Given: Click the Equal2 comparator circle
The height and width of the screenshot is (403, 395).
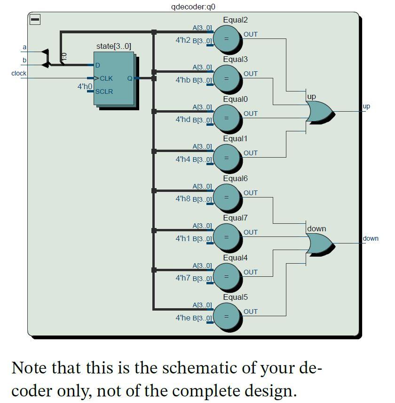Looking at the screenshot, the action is tap(227, 38).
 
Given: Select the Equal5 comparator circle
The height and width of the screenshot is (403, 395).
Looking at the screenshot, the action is tap(227, 316).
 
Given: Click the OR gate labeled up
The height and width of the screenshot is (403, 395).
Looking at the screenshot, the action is tap(319, 111).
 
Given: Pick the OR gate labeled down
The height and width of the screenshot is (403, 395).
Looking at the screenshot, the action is tap(319, 243).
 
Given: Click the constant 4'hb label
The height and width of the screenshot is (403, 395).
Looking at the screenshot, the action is tap(182, 80).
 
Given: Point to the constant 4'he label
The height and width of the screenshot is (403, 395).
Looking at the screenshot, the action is tap(182, 318).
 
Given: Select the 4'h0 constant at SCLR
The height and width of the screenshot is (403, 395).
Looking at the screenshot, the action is tap(85, 86).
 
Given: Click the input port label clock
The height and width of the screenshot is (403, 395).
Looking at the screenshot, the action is tap(19, 73).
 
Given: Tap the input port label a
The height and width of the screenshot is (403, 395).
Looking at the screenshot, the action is tap(24, 47).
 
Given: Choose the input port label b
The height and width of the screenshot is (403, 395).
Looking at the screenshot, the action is tap(24, 60).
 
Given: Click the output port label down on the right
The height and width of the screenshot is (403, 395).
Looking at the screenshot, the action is tap(371, 238).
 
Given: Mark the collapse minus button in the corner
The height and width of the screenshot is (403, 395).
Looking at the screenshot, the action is tap(35, 19).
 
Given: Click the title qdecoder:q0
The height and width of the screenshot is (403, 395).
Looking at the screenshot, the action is tap(193, 7).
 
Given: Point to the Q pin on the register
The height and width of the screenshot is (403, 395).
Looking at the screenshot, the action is tap(130, 78).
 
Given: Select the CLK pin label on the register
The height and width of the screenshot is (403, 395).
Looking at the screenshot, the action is tap(106, 78).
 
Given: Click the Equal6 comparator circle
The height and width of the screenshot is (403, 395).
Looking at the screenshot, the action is tap(227, 197).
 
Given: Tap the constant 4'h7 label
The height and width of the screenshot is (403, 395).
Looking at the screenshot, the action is tap(182, 278).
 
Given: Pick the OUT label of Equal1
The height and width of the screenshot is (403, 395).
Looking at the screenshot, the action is tap(251, 153).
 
